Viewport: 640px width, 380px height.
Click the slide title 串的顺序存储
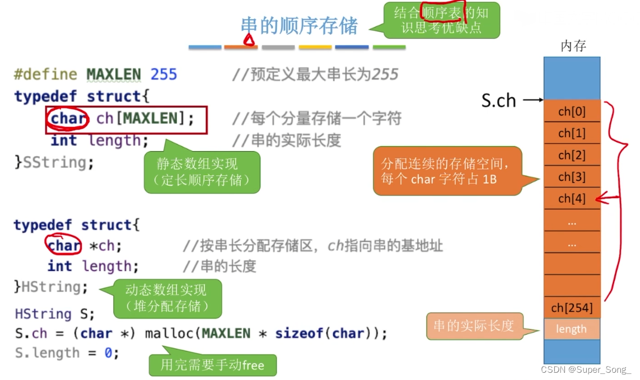tap(299, 26)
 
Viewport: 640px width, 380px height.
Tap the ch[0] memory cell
tap(572, 111)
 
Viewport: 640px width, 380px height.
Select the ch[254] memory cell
tap(572, 307)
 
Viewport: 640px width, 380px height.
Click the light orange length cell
tap(572, 329)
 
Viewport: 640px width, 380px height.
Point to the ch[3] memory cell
tap(572, 177)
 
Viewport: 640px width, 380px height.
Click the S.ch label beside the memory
tap(498, 101)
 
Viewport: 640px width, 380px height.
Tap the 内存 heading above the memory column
tap(573, 46)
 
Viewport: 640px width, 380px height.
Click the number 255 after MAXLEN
tap(163, 74)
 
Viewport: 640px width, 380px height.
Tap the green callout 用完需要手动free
tap(212, 365)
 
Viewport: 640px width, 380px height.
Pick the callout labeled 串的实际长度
tap(474, 326)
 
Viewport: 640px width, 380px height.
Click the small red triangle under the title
tap(249, 40)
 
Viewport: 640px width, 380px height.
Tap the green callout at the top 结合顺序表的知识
tap(441, 20)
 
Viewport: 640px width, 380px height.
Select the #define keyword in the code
tap(45, 74)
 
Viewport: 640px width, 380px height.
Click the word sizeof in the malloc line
tap(303, 333)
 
